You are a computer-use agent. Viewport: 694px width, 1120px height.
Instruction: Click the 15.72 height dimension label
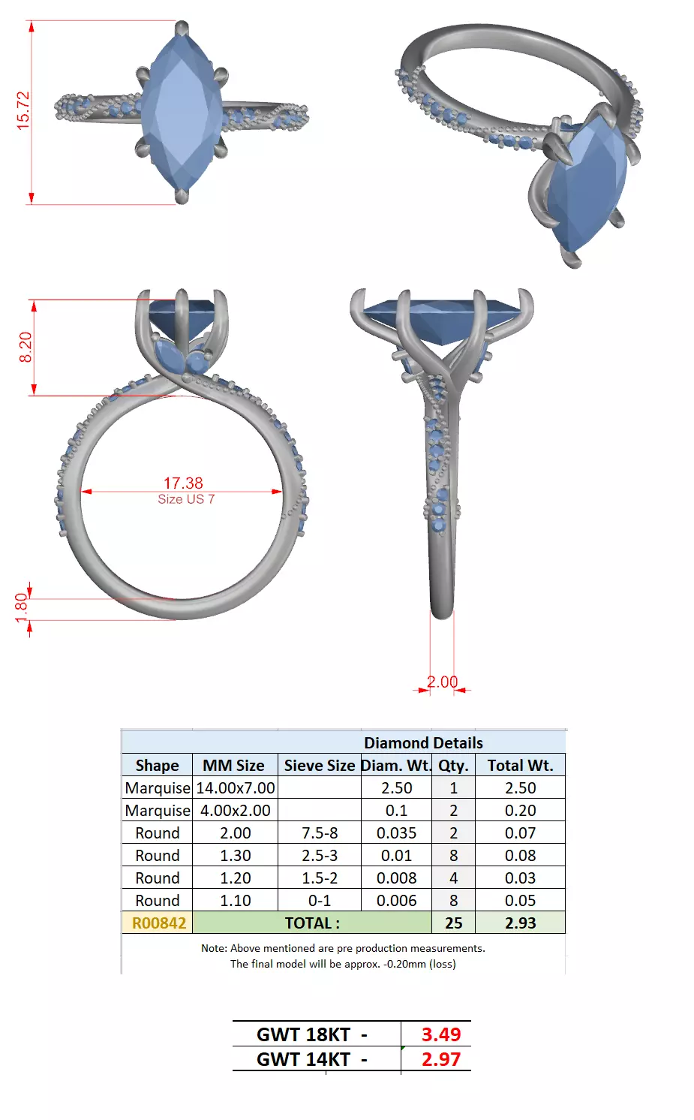23,111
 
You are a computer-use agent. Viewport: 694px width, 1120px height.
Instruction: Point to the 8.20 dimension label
26,347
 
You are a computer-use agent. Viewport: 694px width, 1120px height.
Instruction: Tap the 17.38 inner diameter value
183,483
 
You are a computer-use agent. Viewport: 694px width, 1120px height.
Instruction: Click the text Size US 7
186,499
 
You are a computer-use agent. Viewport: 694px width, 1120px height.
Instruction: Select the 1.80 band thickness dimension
21,608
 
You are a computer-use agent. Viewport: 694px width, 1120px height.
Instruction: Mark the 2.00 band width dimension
443,682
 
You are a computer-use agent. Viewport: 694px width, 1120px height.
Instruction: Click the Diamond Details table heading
423,742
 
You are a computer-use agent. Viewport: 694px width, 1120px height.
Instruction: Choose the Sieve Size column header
319,766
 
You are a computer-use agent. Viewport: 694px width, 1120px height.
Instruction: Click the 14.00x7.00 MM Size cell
235,788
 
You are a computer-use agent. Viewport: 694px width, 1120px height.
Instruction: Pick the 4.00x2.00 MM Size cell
235,811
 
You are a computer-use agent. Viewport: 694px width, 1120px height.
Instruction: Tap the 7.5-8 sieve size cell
320,833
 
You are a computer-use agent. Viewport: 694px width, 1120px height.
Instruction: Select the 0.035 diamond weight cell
396,833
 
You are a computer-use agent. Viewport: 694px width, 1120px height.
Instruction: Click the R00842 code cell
158,923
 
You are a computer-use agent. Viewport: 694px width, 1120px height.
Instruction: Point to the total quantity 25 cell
453,923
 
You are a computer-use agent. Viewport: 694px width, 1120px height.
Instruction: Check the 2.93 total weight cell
520,923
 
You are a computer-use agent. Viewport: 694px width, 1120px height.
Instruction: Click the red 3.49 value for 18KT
440,1034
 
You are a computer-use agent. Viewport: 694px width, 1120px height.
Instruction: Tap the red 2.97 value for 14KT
440,1059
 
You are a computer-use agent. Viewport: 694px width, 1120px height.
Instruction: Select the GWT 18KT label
311,1034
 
